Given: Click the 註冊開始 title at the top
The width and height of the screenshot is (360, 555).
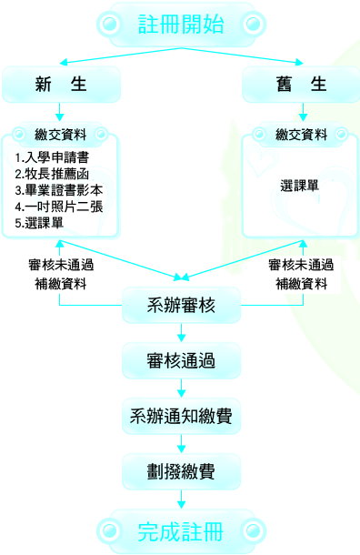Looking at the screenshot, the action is tap(181, 24).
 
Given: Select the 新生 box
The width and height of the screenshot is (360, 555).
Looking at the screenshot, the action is tap(61, 85).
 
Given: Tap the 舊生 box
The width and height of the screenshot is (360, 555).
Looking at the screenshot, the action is tap(301, 85).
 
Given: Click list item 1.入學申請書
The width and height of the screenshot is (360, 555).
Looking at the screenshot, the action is tap(52, 157).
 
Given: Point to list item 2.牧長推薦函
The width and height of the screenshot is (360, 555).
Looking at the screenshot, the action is tap(52, 174).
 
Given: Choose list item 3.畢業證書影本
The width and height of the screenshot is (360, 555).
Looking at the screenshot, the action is tap(59, 190).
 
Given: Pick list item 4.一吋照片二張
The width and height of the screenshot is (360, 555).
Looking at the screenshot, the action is tap(59, 207).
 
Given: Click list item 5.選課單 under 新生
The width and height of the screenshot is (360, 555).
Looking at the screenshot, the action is tap(39, 223).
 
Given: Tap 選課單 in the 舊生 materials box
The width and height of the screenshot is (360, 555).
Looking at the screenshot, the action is tap(299, 186).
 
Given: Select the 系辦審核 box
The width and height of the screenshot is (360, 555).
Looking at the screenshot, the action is tap(181, 305).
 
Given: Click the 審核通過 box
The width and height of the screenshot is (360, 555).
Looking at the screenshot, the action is tap(181, 360).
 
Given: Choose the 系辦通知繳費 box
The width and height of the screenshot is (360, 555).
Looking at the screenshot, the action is tap(181, 417).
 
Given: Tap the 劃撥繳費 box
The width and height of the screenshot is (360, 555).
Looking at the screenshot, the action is tap(181, 472).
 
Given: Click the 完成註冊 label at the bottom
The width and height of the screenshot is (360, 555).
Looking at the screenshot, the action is tap(180, 531).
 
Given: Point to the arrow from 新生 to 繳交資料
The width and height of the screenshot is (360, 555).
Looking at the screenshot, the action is tap(59, 112).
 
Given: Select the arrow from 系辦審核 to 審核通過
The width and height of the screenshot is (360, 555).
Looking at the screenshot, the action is tap(181, 332).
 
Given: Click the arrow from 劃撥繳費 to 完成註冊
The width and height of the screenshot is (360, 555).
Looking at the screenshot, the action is tap(181, 499).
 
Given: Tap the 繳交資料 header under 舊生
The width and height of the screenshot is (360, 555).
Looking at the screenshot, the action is tap(301, 135).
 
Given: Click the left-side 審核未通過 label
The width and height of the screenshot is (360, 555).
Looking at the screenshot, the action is tap(61, 265).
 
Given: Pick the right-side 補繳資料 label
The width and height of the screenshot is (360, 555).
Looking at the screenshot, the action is tap(301, 284).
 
